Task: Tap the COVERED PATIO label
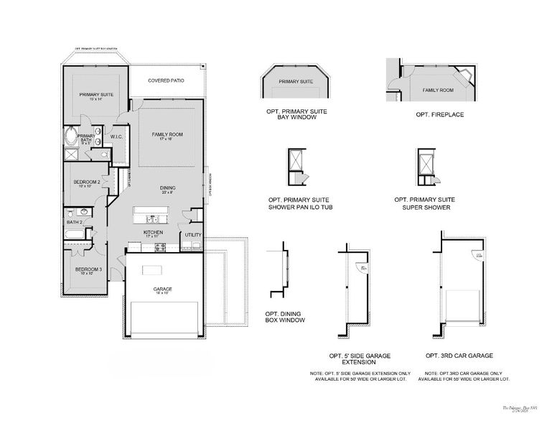click(x=166, y=80)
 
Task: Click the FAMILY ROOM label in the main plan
click(x=167, y=135)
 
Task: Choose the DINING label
click(x=167, y=188)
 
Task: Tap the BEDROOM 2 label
click(x=86, y=182)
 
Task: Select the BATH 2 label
click(x=75, y=223)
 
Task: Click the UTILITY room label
click(x=193, y=235)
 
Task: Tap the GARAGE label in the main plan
click(x=162, y=289)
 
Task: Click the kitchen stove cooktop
click(x=161, y=247)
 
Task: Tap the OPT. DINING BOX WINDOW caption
click(x=285, y=317)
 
